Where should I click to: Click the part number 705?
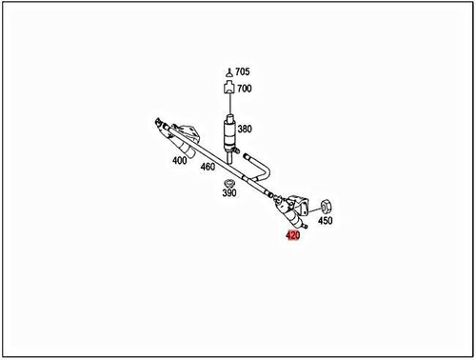(x=243, y=72)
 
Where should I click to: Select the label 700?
(x=245, y=89)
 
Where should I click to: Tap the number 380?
(x=245, y=129)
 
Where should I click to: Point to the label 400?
(x=179, y=161)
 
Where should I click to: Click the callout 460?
(x=208, y=168)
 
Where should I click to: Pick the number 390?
(x=229, y=193)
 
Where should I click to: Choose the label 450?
(x=326, y=221)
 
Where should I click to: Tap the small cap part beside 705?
(x=228, y=73)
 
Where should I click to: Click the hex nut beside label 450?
(x=325, y=205)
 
